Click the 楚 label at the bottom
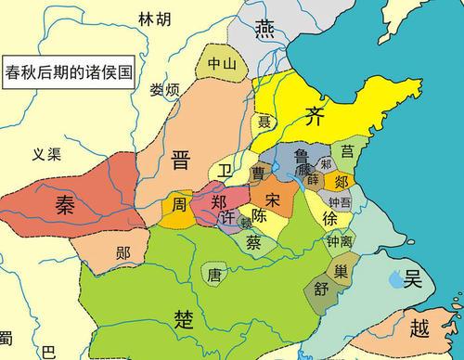(x=183, y=319)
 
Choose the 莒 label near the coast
(x=348, y=149)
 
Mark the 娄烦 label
(x=164, y=89)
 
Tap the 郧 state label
(x=123, y=251)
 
